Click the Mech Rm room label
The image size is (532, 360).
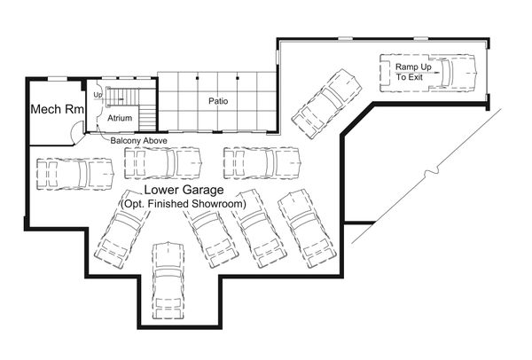[58, 110]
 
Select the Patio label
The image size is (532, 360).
[218, 101]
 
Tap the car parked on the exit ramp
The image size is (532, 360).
[427, 72]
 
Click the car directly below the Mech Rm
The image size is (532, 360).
[74, 173]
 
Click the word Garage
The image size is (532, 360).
[206, 191]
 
